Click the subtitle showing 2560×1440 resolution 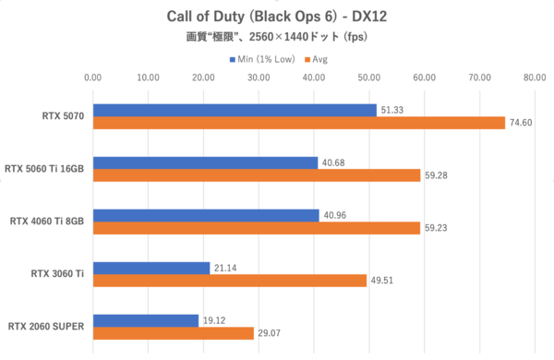[277, 39]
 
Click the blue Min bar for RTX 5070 [235, 110]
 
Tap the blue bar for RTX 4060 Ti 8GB [205, 215]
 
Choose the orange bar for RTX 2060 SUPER [173, 333]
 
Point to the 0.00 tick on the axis [92, 78]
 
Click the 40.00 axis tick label [314, 78]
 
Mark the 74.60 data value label [523, 123]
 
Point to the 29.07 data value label [271, 333]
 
